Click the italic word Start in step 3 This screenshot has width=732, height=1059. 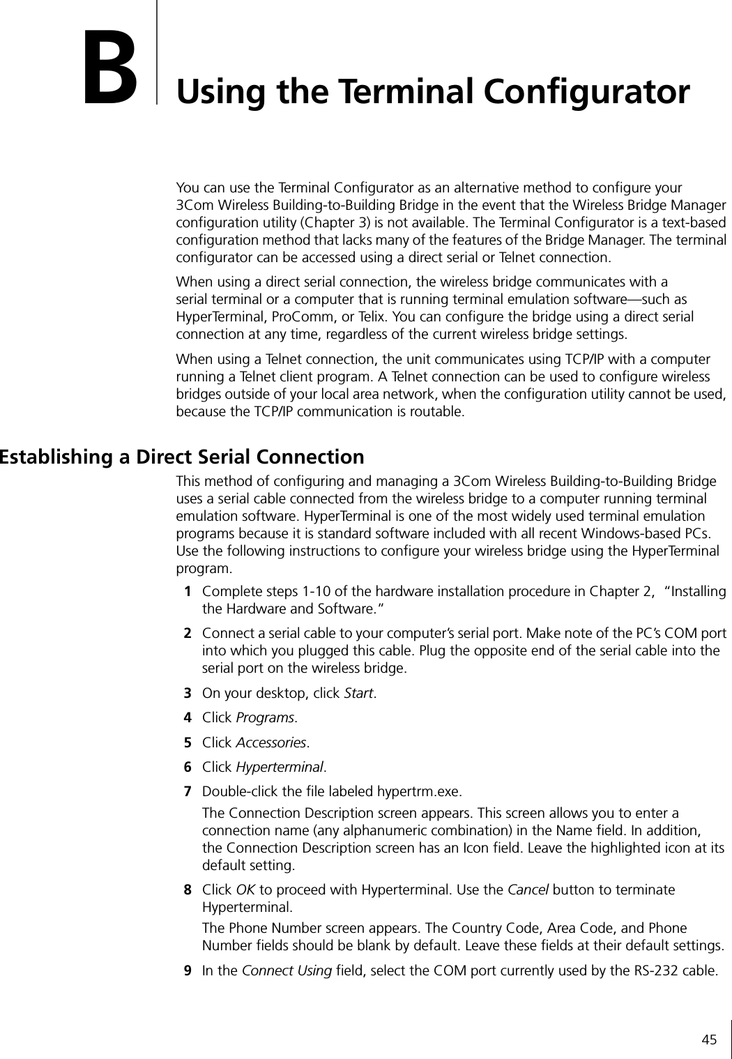pyautogui.click(x=360, y=694)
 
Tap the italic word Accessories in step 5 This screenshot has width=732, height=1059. pyautogui.click(x=271, y=742)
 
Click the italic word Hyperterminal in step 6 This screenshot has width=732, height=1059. pyautogui.click(x=280, y=767)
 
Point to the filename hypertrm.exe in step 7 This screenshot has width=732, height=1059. pyautogui.click(x=418, y=792)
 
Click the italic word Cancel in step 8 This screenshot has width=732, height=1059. pyautogui.click(x=527, y=890)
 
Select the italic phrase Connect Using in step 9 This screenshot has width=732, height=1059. pyautogui.click(x=286, y=970)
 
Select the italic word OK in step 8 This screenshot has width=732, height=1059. pyautogui.click(x=245, y=890)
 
